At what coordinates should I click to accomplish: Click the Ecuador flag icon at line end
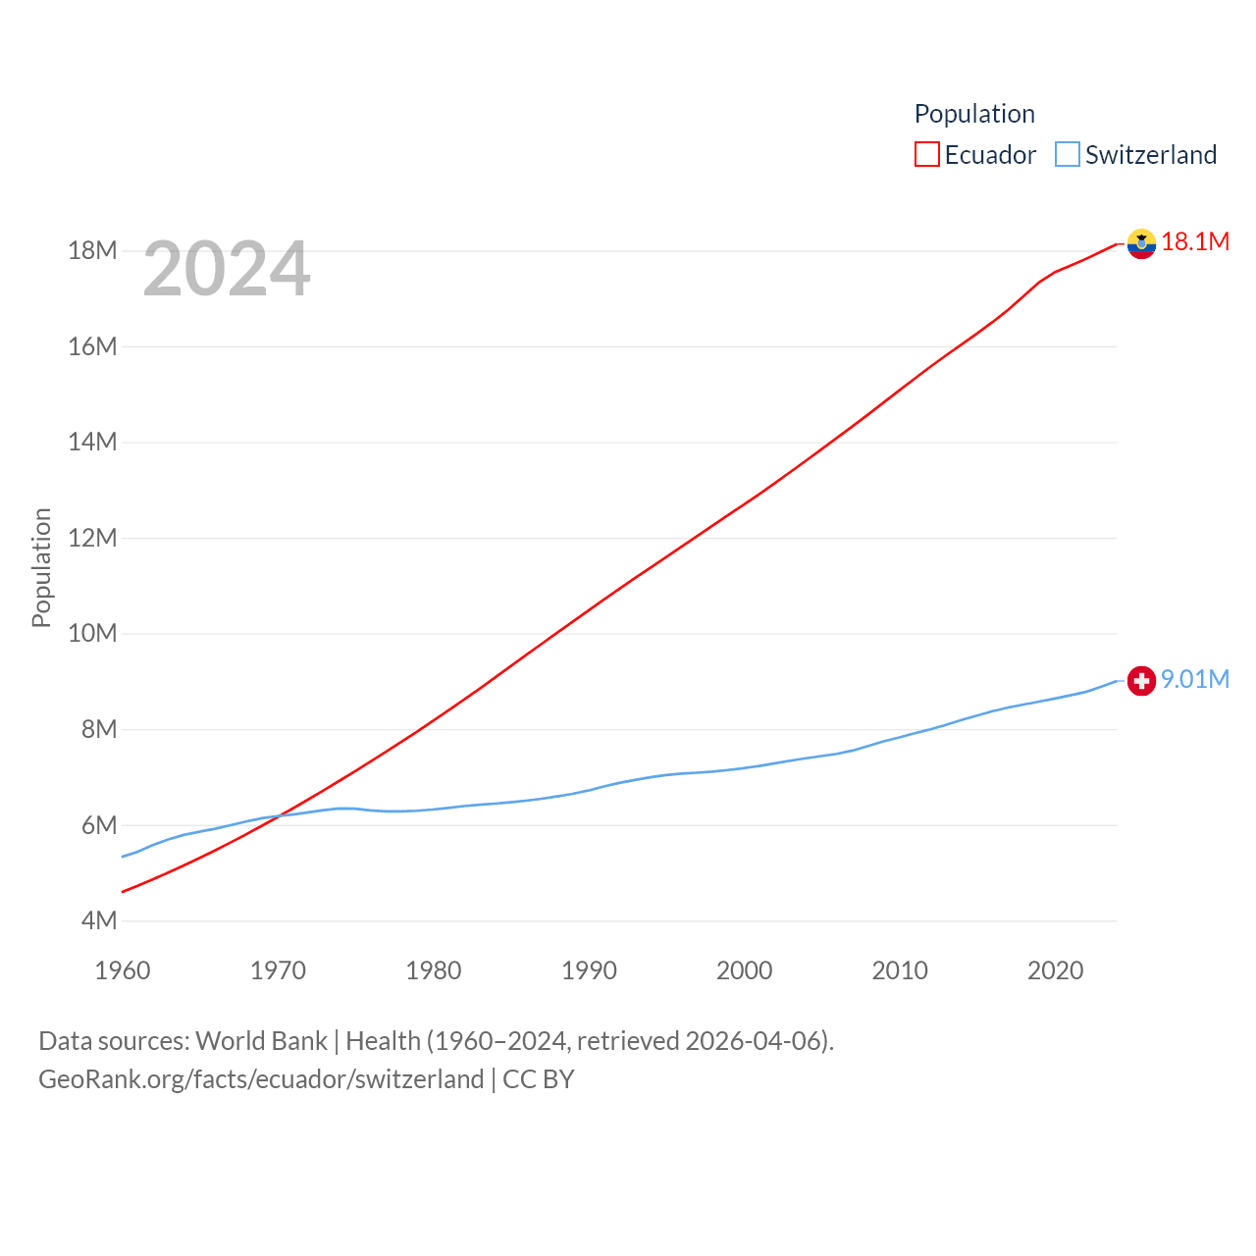(x=1141, y=243)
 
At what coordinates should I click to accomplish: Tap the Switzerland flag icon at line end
(x=1141, y=680)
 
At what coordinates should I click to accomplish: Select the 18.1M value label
(x=1195, y=241)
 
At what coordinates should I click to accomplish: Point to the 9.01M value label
(x=1195, y=679)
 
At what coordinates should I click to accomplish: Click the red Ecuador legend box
(x=927, y=155)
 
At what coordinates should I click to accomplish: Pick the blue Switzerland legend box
(x=1068, y=155)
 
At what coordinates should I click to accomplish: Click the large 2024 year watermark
(x=227, y=269)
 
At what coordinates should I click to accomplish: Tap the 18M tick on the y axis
(x=92, y=251)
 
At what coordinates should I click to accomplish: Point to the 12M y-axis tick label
(x=92, y=538)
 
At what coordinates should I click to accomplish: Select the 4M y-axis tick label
(x=99, y=920)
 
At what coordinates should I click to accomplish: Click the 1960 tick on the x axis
(x=123, y=970)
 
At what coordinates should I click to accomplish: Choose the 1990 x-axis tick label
(x=589, y=970)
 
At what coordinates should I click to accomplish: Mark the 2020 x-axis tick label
(x=1055, y=970)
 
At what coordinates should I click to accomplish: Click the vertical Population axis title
(x=41, y=567)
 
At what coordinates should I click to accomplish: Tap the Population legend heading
(x=974, y=114)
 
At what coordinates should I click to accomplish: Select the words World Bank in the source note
(x=261, y=1040)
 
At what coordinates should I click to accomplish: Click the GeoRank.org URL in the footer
(x=261, y=1079)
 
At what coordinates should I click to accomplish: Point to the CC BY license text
(x=538, y=1079)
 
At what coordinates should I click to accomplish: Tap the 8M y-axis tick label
(x=99, y=729)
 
